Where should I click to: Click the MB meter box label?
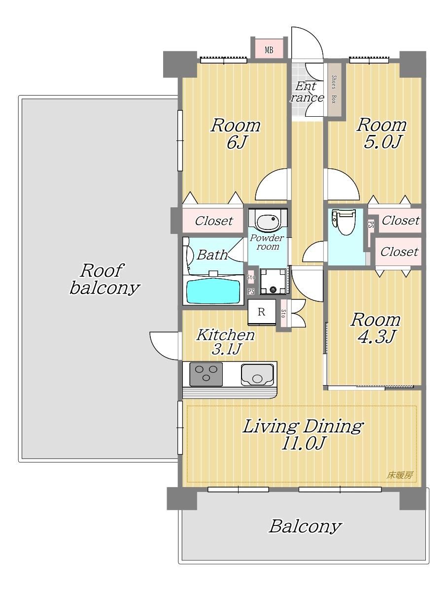pyautogui.click(x=269, y=50)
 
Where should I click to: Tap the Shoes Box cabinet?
pyautogui.click(x=334, y=90)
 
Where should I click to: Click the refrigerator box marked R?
pyautogui.click(x=262, y=312)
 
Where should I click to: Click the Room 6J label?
pyautogui.click(x=235, y=133)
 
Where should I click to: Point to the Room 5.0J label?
pyautogui.click(x=381, y=133)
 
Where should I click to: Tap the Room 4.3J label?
pyautogui.click(x=376, y=328)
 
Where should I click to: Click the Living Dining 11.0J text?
pyautogui.click(x=303, y=435)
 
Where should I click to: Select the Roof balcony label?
pyautogui.click(x=104, y=279)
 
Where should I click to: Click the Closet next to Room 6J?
pyautogui.click(x=214, y=221)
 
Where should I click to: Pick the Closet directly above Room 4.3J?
pyautogui.click(x=399, y=251)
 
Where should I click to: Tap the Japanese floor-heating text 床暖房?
pyautogui.click(x=400, y=475)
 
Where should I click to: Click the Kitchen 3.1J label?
pyautogui.click(x=226, y=341)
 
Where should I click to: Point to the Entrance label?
pyautogui.click(x=307, y=92)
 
